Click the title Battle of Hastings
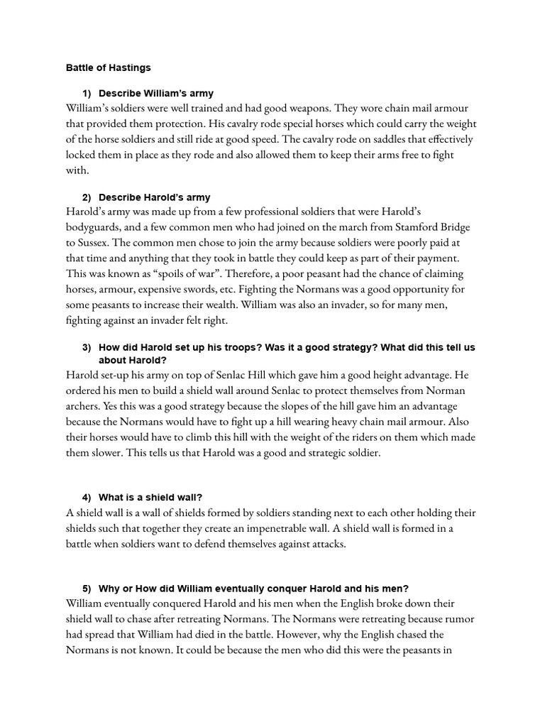(x=108, y=68)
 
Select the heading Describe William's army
(x=155, y=94)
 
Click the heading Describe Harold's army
(x=154, y=197)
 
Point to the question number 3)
(x=87, y=347)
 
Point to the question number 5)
(x=87, y=588)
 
